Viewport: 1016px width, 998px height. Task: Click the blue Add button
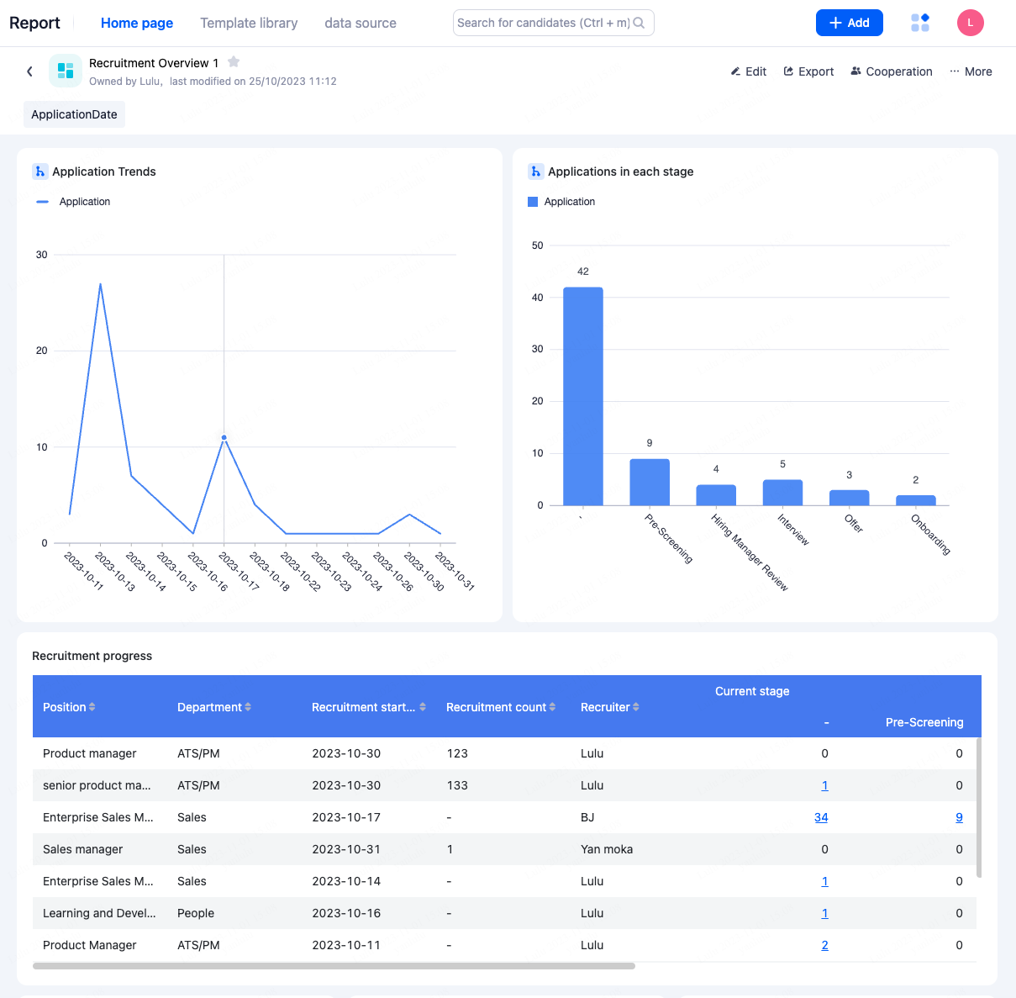(x=849, y=23)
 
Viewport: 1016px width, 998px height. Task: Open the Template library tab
(x=249, y=23)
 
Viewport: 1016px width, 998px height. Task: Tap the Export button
(x=808, y=71)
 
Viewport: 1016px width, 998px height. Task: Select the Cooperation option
(x=891, y=71)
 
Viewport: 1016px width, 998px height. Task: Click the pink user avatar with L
(x=970, y=23)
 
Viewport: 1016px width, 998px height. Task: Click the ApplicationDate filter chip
(x=74, y=114)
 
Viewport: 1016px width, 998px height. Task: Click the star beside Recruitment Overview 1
(x=234, y=61)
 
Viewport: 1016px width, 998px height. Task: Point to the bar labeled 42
(x=582, y=395)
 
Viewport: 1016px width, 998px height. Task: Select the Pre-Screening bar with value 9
(x=650, y=482)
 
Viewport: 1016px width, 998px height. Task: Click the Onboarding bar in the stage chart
(x=915, y=500)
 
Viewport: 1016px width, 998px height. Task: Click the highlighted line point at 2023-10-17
(x=224, y=437)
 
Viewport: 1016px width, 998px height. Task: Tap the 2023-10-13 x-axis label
(x=115, y=572)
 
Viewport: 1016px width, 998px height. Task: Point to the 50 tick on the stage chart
(x=538, y=246)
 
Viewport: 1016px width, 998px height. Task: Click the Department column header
(x=209, y=707)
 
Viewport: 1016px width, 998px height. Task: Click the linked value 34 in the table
(x=821, y=817)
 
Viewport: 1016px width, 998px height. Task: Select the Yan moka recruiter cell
(x=607, y=849)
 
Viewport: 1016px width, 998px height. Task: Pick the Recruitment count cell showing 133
(x=457, y=785)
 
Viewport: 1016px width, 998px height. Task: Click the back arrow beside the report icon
(x=29, y=71)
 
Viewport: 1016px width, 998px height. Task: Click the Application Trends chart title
(x=104, y=172)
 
